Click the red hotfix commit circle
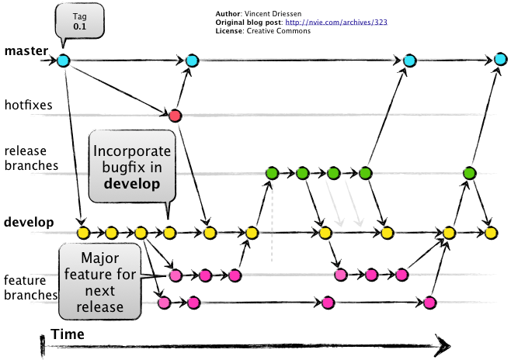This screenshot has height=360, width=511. coord(175,116)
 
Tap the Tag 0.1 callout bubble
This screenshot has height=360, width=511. coord(80,22)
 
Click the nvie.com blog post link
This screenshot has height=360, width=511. coord(336,22)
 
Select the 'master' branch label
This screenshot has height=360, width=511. coord(26,50)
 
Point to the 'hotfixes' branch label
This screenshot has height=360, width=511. coord(29,106)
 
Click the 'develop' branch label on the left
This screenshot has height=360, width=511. coord(29,223)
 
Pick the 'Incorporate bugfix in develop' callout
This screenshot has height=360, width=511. coord(132,167)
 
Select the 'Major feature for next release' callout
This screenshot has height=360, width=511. coord(100,282)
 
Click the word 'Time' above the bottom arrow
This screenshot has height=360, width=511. coord(68,334)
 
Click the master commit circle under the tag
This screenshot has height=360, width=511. coord(64,61)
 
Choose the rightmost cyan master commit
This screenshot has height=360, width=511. coord(500,60)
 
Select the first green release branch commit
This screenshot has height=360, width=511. coord(272,173)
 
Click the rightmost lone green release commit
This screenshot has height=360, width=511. coord(469,173)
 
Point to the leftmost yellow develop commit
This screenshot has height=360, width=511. coord(83,233)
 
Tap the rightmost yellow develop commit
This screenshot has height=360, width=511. coord(491,233)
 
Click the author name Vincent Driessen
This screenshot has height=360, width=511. coord(273,14)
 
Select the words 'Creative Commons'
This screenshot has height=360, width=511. coord(279,31)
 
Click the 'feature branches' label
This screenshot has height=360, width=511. coord(31,288)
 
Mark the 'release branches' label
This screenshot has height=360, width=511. coord(31,158)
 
